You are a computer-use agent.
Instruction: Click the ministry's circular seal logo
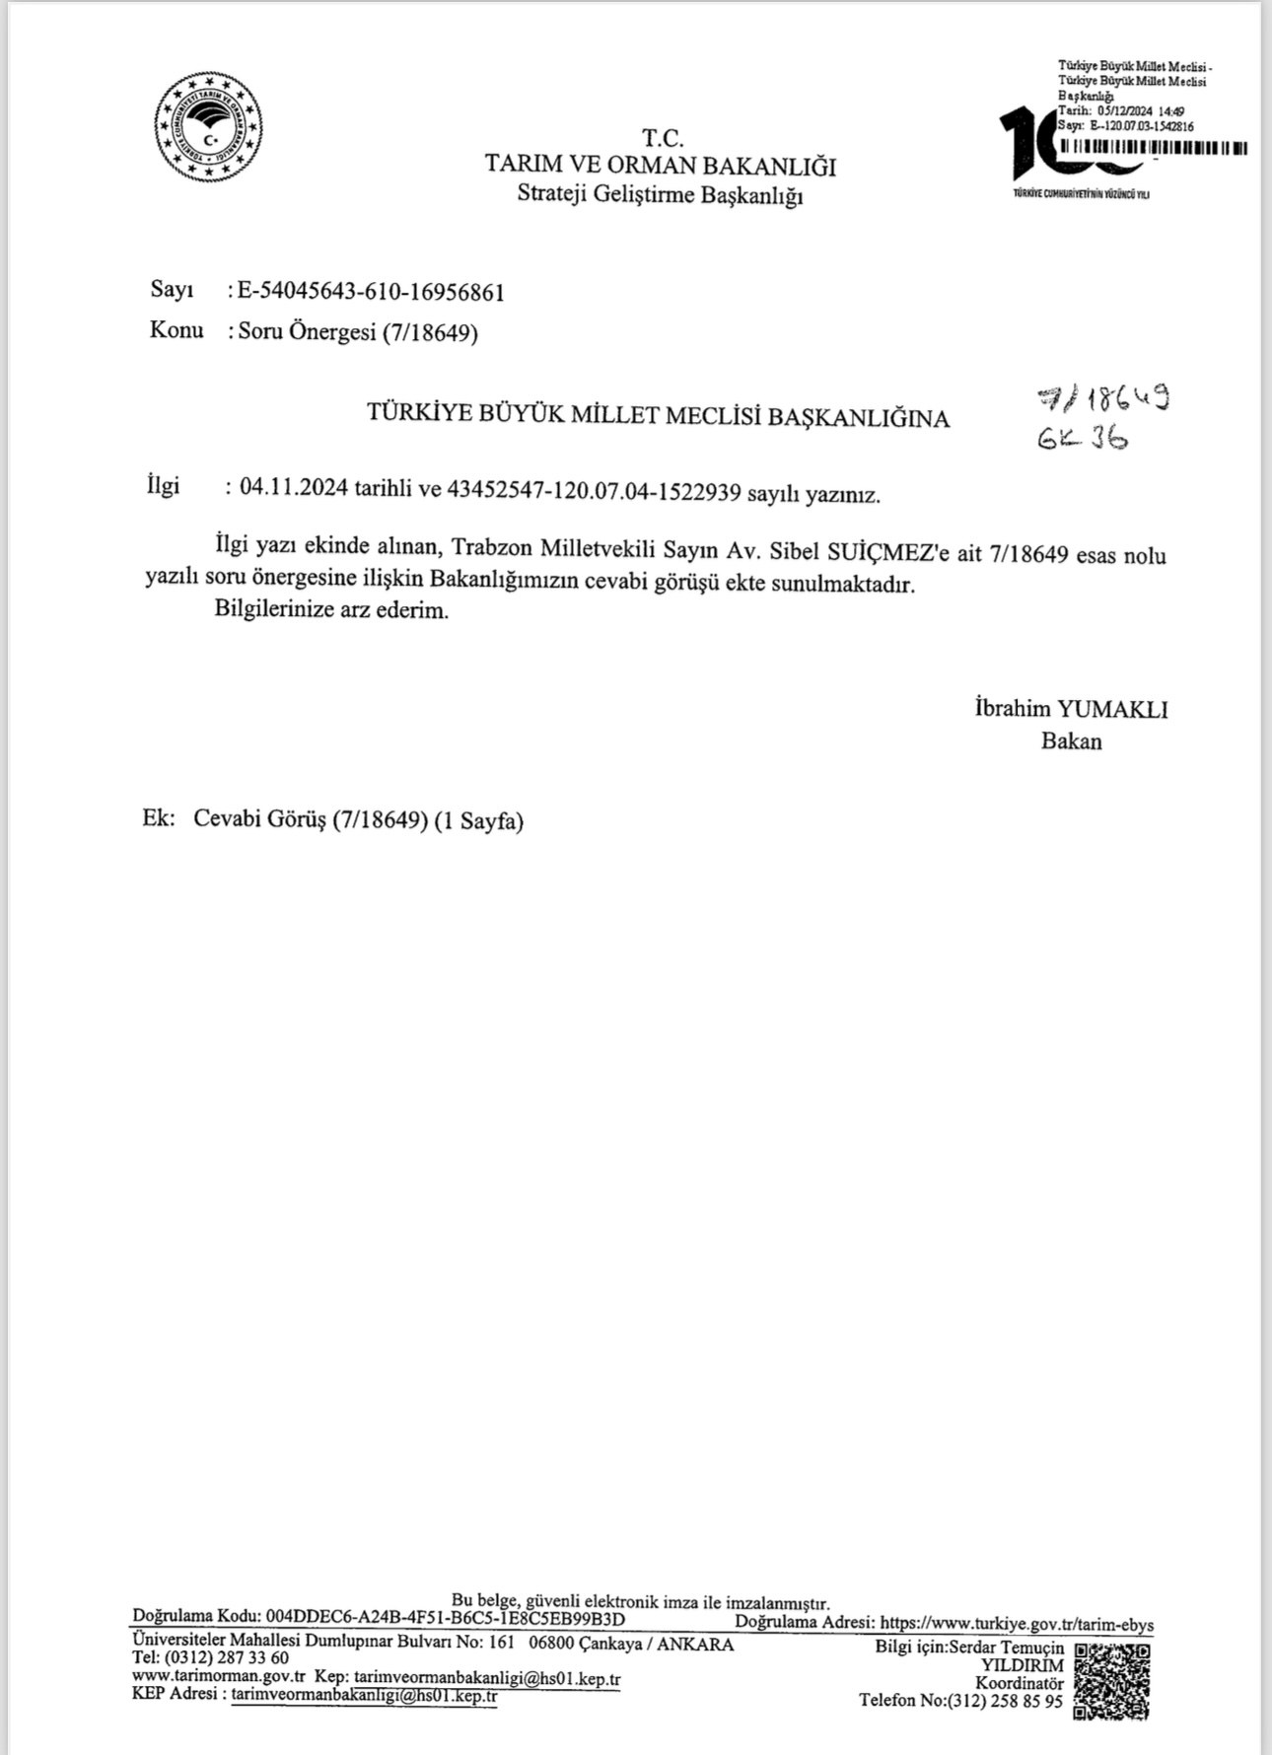208,127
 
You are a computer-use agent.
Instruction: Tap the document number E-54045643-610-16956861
371,292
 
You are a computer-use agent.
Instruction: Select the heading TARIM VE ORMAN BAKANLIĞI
660,166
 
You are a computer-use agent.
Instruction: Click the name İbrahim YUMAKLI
1071,709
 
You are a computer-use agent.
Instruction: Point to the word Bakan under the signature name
1071,740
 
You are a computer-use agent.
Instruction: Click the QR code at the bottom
1111,1681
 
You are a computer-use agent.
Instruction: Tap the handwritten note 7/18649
1104,398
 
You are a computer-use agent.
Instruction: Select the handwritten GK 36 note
1082,438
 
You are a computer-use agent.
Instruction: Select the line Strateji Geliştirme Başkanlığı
660,194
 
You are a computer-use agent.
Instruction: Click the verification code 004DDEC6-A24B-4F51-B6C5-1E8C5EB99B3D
445,1618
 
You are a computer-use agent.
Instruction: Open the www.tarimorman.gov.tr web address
218,1676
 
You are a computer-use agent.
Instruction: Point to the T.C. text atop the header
662,137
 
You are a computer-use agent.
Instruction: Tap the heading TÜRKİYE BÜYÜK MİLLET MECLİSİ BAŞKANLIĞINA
658,415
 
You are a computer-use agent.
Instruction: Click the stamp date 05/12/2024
1118,112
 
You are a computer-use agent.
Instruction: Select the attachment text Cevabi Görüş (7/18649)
309,819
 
